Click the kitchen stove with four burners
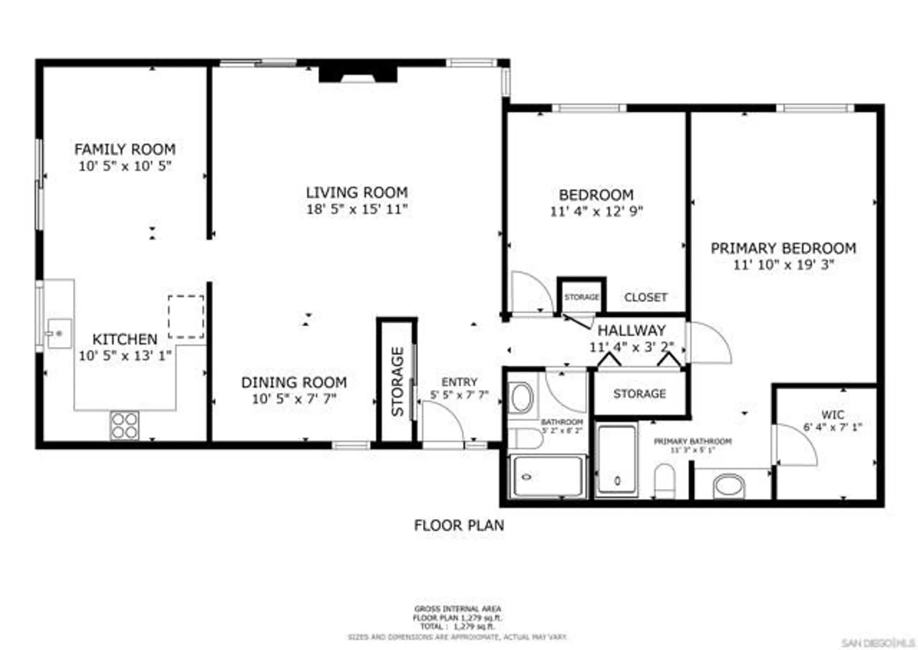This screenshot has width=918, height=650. coord(124,426)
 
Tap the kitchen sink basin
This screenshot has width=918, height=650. coord(60,333)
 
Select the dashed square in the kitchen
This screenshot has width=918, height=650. coord(186,317)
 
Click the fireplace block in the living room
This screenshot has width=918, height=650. coord(358,74)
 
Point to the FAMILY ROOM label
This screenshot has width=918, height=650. coord(125,149)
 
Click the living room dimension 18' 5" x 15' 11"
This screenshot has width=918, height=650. coord(357,209)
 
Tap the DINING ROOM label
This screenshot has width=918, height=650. coord(294,382)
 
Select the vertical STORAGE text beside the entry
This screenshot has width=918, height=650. coord(397,381)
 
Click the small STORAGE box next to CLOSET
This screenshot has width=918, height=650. coord(582,297)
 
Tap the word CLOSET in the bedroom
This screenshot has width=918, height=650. coord(645,297)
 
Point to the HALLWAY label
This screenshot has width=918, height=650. coord(631,330)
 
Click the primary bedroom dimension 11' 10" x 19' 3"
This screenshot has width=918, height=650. coord(783,265)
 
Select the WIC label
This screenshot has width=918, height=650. coord(833,415)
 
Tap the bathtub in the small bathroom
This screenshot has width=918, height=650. coord(548,476)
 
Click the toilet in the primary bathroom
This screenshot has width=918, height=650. coord(664,481)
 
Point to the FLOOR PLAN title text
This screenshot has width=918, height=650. coord(459,525)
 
